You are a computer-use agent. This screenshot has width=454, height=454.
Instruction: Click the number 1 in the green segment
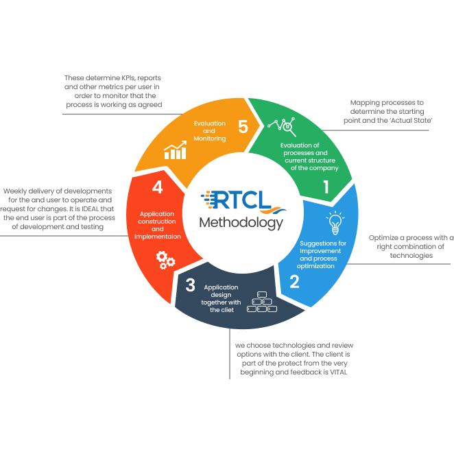326,187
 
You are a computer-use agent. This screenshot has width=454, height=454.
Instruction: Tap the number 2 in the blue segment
294,281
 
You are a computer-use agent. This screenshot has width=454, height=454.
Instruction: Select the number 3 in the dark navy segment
190,285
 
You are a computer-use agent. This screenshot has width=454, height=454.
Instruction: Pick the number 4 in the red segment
158,187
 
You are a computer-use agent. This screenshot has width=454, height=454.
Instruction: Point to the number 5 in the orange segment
243,126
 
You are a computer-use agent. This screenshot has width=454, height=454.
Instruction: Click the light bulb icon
335,223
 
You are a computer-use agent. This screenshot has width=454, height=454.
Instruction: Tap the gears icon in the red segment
165,260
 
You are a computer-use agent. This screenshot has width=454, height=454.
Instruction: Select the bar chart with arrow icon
175,150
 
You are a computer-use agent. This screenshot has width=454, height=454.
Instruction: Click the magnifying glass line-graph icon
282,126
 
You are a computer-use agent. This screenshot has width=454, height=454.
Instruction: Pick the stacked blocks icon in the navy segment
262,302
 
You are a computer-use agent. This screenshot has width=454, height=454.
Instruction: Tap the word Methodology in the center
241,224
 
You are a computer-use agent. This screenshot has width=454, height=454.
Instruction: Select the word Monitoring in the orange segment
210,139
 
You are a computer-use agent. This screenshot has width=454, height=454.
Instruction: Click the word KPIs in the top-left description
128,78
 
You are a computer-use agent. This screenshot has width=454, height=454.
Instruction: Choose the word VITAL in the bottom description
339,372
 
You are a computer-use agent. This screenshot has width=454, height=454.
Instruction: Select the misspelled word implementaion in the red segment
158,237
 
